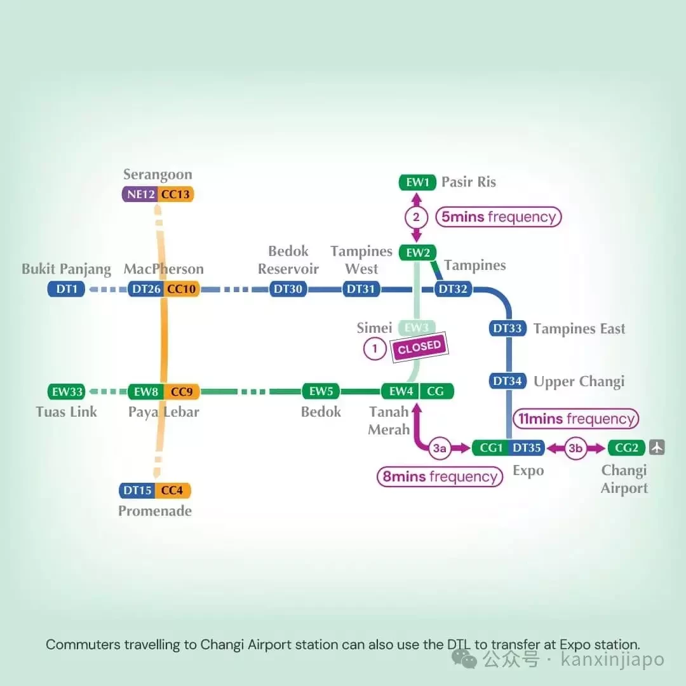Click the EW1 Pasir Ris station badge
[417, 182]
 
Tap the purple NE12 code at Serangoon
[140, 194]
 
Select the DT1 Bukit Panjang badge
[66, 289]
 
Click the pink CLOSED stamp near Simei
[420, 347]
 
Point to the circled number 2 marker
[416, 217]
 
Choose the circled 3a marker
[440, 448]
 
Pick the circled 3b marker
[575, 448]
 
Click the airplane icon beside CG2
[657, 447]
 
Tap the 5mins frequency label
[499, 217]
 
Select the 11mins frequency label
[575, 419]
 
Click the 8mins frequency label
[440, 476]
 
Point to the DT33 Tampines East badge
[508, 328]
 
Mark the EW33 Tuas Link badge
[66, 391]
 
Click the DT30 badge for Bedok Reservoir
[288, 289]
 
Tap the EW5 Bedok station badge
[321, 391]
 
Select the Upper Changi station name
[579, 382]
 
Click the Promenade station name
[155, 511]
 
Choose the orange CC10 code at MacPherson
[182, 289]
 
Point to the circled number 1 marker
[375, 349]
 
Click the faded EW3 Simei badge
[417, 328]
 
